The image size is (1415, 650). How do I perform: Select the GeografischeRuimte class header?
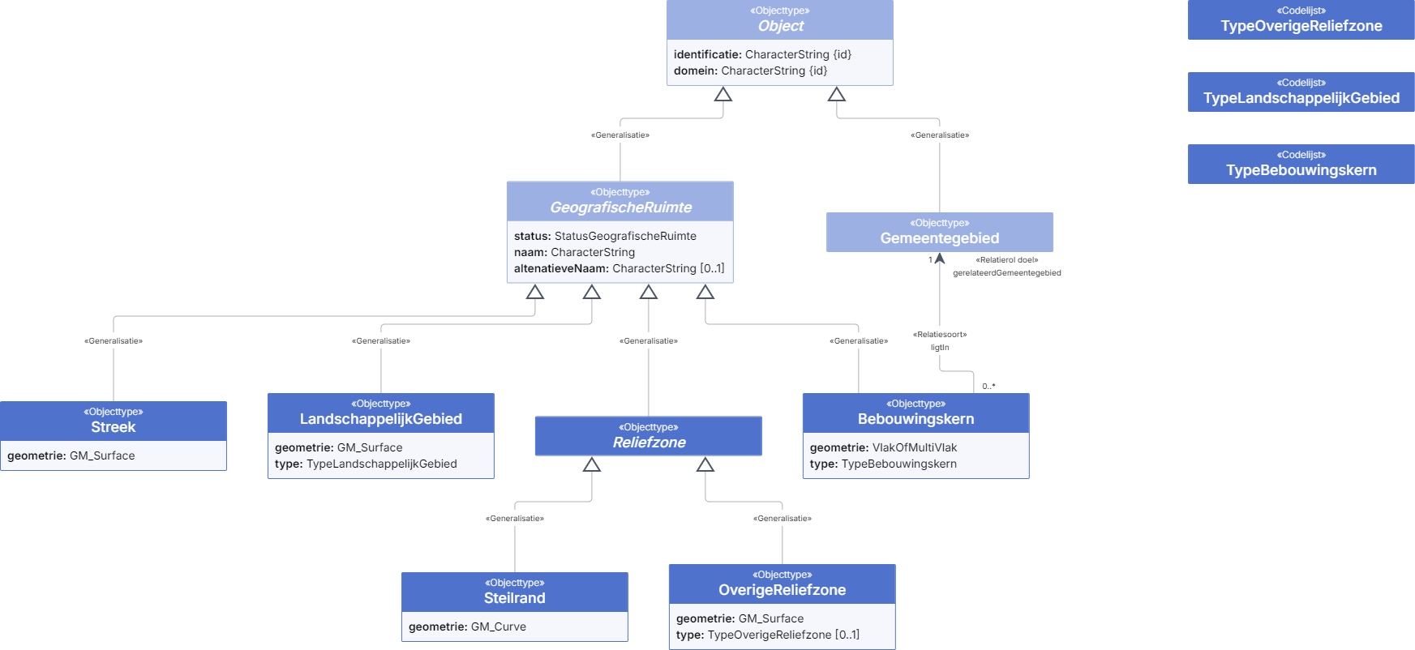point(620,201)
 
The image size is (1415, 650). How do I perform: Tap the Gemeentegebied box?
point(940,232)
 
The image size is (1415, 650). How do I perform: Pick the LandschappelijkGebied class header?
point(381,413)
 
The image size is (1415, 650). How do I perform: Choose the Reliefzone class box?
point(649,436)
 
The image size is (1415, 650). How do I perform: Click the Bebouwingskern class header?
point(916,413)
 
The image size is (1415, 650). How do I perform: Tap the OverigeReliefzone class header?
point(783,584)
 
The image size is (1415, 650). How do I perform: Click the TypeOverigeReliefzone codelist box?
point(1301,19)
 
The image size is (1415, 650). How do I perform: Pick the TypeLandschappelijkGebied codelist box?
point(1301,92)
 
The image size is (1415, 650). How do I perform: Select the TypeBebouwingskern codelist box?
point(1301,164)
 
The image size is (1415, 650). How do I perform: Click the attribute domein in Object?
point(751,71)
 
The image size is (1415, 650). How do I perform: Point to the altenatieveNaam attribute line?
point(620,268)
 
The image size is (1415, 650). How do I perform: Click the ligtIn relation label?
point(940,348)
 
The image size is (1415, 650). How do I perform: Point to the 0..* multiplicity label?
point(988,387)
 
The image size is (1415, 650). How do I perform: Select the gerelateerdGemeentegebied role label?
point(1007,273)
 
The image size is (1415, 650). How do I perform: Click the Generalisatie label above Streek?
point(114,341)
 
